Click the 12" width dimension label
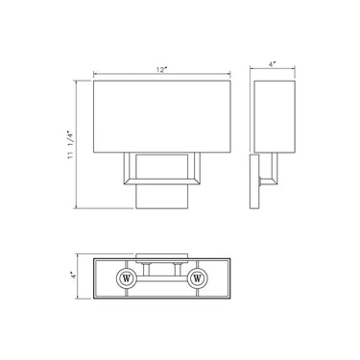click(163, 70)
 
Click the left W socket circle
click(127, 279)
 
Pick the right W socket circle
click(199, 279)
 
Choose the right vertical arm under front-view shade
click(202, 165)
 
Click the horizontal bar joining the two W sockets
click(162, 279)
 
